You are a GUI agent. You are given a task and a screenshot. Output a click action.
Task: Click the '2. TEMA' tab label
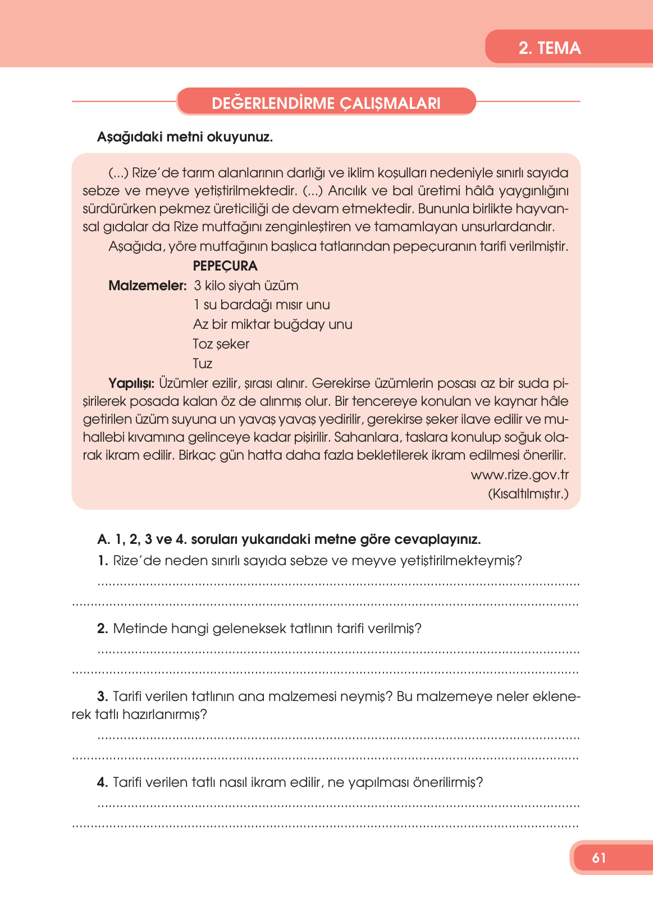[x=549, y=48]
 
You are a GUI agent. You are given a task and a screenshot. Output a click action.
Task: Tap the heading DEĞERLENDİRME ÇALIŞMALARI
[x=326, y=103]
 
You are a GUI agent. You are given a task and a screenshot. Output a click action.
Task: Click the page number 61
[x=599, y=858]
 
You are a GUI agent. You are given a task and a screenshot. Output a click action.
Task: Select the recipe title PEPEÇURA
[x=225, y=266]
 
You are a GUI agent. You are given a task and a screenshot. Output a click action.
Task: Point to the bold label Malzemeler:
[x=147, y=286]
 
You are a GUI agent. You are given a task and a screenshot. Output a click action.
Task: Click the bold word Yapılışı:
[x=131, y=383]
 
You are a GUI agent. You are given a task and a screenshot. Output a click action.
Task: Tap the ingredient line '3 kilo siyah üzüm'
[x=246, y=286]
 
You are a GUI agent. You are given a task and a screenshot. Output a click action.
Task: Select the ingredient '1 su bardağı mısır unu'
[x=261, y=305]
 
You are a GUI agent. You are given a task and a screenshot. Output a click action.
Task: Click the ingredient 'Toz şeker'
[x=221, y=344]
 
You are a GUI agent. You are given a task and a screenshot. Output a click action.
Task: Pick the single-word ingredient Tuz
[x=202, y=364]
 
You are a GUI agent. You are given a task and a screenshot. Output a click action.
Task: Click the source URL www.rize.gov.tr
[x=519, y=475]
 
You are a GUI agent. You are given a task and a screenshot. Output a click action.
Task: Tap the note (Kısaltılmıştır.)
[x=528, y=494]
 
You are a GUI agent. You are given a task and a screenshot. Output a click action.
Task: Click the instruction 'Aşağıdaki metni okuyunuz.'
[x=185, y=137]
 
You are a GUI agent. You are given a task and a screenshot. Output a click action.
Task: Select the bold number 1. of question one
[x=102, y=561]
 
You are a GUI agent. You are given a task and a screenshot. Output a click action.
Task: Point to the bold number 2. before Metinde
[x=102, y=629]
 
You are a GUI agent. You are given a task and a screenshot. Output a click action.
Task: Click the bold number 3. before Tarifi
[x=102, y=697]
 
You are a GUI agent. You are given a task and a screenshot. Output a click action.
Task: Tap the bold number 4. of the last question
[x=102, y=782]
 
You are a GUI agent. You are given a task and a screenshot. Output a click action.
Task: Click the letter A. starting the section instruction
[x=103, y=540]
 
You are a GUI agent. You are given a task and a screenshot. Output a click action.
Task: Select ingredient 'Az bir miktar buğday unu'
[x=272, y=324]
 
